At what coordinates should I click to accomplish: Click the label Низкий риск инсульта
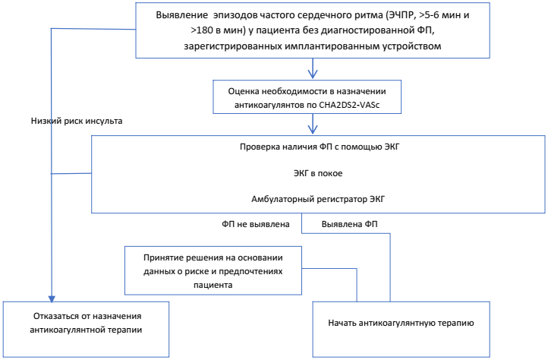pyautogui.click(x=77, y=120)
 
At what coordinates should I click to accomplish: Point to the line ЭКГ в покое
pyautogui.click(x=318, y=173)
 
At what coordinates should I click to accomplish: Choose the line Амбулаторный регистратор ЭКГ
pyautogui.click(x=318, y=200)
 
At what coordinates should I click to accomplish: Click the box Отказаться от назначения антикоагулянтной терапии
pyautogui.click(x=85, y=323)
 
